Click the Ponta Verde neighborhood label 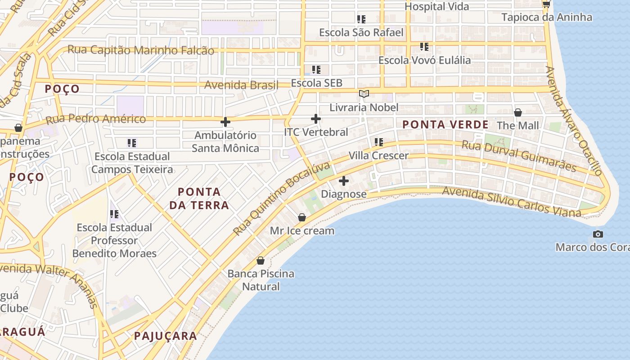(x=445, y=125)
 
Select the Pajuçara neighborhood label (x=165, y=336)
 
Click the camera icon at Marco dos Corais (x=598, y=234)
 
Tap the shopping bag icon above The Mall (x=518, y=112)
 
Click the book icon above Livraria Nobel (x=364, y=94)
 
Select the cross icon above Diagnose (x=344, y=181)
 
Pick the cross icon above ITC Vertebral (x=316, y=119)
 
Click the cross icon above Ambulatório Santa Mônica (x=225, y=122)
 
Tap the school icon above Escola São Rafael (x=361, y=19)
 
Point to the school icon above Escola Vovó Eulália (x=424, y=47)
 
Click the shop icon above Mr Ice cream (x=302, y=218)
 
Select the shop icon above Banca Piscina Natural (x=261, y=261)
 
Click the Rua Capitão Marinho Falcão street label (x=140, y=50)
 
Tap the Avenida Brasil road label (x=241, y=85)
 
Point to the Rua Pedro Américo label (x=96, y=119)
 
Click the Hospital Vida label (x=436, y=7)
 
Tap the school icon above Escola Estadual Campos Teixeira (x=132, y=143)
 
